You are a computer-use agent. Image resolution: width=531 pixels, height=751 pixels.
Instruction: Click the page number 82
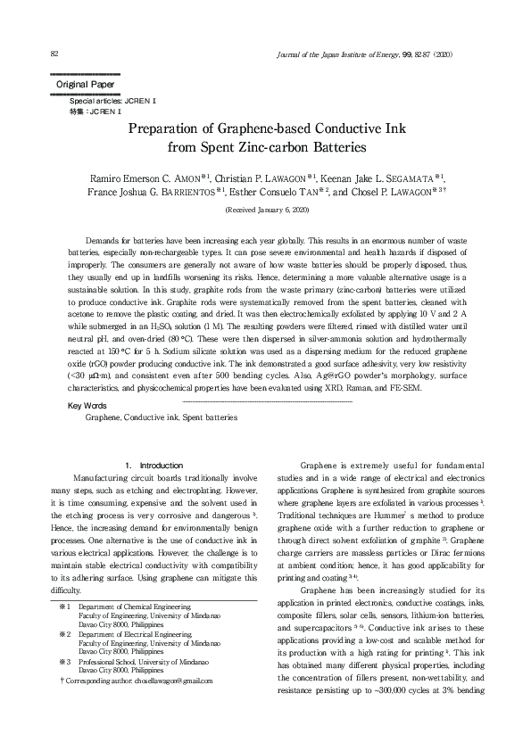[55, 55]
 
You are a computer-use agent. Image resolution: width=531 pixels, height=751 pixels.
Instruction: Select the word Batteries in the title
[330, 146]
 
